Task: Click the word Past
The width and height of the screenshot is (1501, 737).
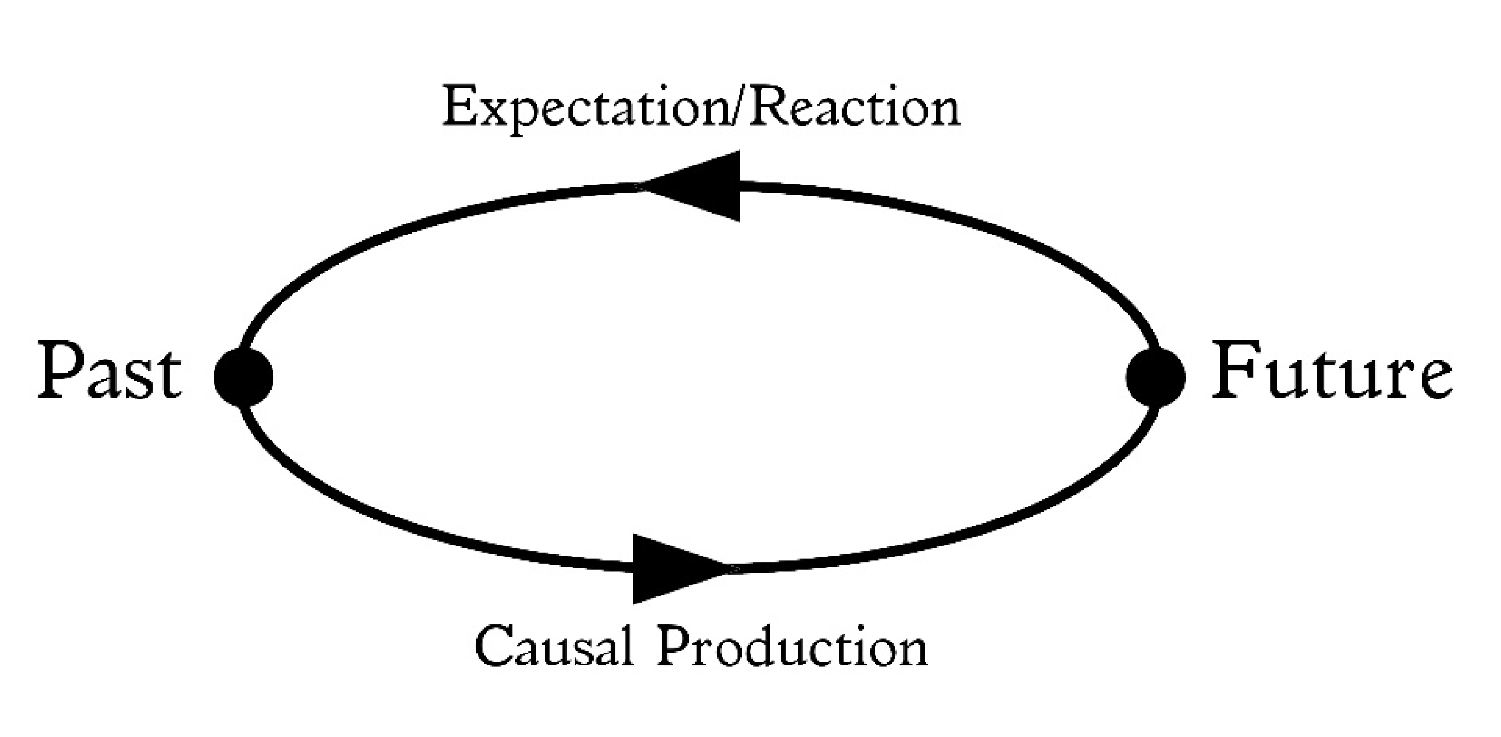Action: pos(110,376)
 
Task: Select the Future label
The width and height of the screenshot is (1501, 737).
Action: pos(1332,376)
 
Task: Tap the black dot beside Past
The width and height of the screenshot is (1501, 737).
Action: pos(243,378)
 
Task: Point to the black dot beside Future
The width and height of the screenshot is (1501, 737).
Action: pos(1155,378)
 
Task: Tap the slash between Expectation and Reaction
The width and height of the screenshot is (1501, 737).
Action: pos(735,108)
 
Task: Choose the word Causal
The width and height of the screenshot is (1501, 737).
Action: pos(554,647)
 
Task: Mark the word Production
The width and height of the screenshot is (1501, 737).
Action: pos(793,647)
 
